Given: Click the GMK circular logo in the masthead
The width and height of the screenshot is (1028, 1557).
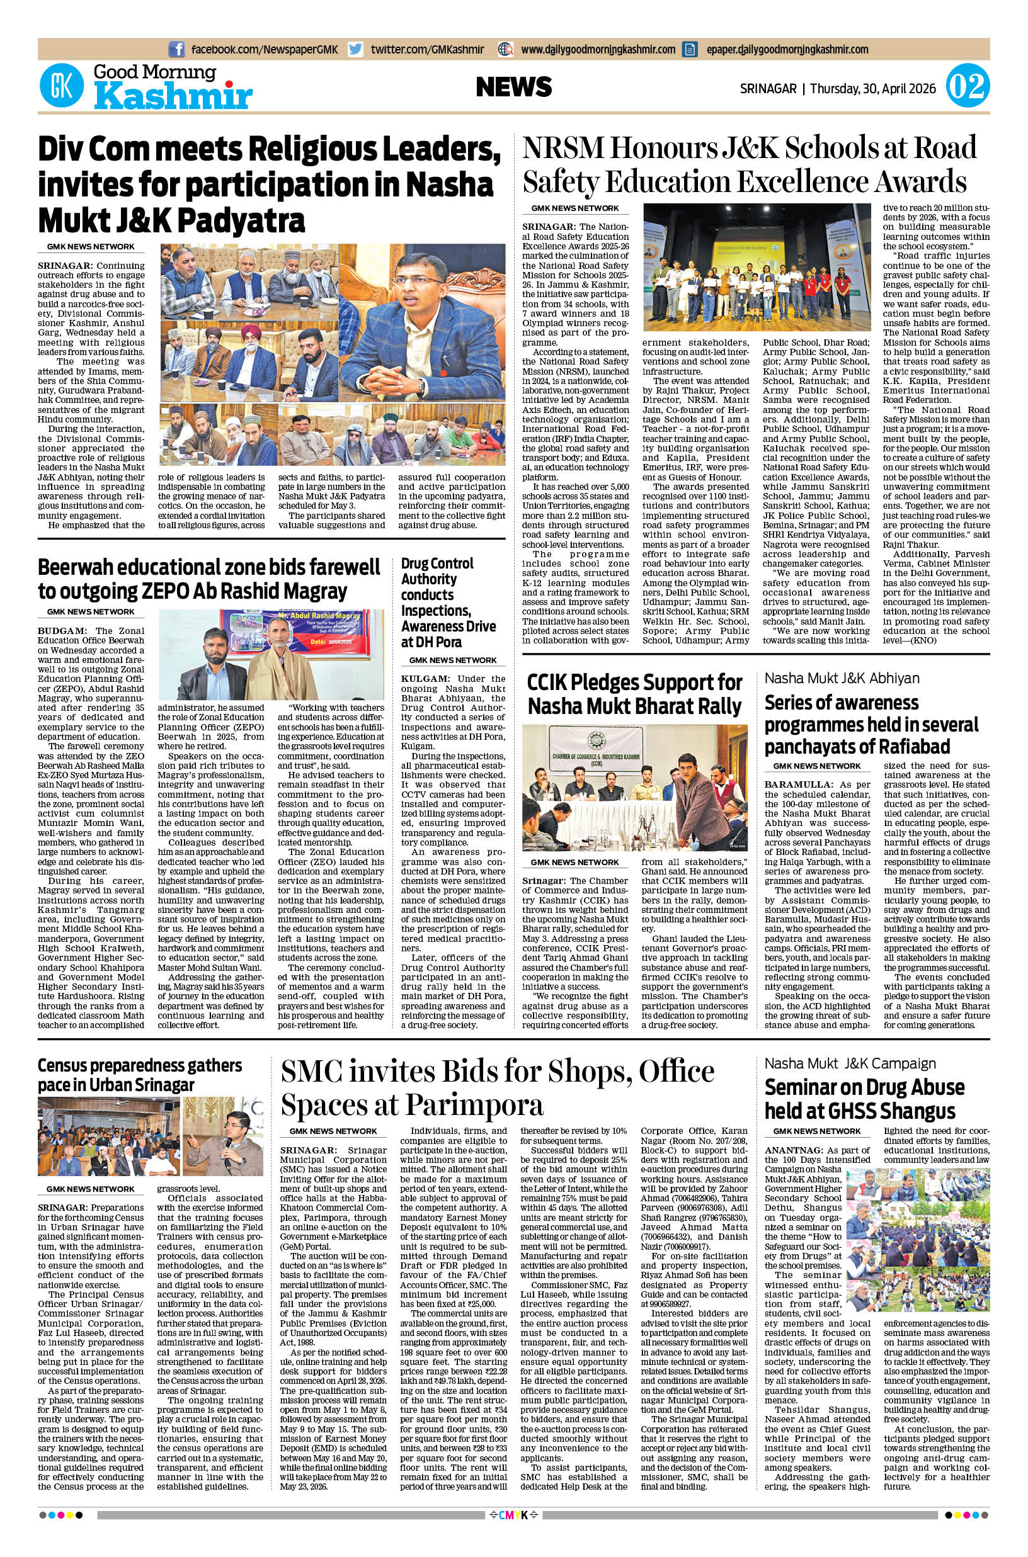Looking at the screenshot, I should (x=62, y=86).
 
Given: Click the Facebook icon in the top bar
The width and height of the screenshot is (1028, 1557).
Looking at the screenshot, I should (x=176, y=49).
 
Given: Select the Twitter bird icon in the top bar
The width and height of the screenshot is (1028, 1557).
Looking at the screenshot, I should (x=356, y=49).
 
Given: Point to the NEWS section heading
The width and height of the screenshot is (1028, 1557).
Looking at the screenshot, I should (x=514, y=87).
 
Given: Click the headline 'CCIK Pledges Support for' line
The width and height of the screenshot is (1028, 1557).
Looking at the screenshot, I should (x=635, y=682).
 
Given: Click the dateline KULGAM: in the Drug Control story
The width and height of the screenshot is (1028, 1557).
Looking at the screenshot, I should (x=425, y=679).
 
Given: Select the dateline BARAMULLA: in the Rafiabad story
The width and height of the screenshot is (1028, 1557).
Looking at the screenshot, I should (x=799, y=784).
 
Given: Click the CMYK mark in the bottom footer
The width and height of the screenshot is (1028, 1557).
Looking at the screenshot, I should (x=514, y=1532).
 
